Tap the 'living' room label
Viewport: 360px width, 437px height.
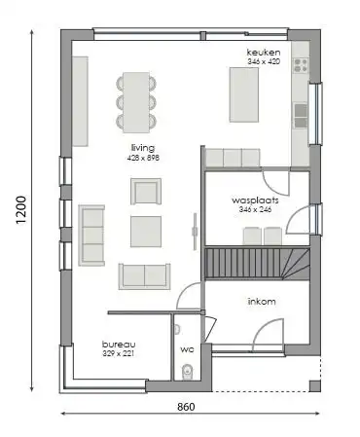[x=143, y=147]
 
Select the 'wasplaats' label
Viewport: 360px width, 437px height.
[x=250, y=200]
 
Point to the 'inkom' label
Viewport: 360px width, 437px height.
[x=262, y=301]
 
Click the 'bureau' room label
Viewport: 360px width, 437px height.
[x=119, y=345]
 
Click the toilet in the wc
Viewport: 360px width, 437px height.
[x=187, y=370]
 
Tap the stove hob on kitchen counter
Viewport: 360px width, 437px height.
[x=301, y=66]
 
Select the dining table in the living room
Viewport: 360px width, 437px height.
[x=135, y=100]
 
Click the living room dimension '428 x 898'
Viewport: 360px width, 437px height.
[x=143, y=158]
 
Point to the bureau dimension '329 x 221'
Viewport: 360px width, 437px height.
[x=119, y=355]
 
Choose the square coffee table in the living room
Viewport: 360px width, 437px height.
[x=146, y=231]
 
